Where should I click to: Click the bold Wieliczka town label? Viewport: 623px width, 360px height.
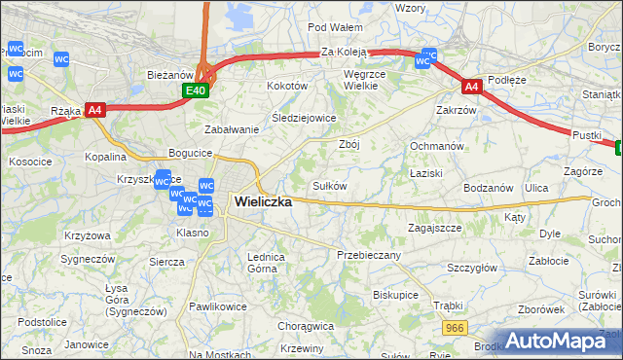click(x=263, y=202)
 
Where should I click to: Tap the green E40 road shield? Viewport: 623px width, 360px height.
click(x=196, y=90)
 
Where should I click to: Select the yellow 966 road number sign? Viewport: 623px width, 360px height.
click(x=452, y=330)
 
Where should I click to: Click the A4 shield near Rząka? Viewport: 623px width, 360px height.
click(x=94, y=110)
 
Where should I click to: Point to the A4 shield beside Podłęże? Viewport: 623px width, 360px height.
click(x=471, y=87)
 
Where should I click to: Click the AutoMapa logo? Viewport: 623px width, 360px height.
click(x=561, y=341)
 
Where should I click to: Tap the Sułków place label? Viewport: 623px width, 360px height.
click(x=329, y=185)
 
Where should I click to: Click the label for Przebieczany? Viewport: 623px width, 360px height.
click(x=368, y=254)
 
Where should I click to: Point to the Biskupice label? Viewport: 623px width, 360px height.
click(x=395, y=294)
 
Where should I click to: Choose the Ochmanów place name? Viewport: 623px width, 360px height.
click(x=434, y=145)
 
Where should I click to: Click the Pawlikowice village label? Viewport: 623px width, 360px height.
click(x=217, y=306)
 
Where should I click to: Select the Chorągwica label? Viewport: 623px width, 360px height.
click(x=306, y=326)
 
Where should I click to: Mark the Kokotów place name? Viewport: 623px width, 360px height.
click(x=287, y=86)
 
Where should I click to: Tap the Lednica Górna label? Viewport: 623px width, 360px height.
click(x=266, y=262)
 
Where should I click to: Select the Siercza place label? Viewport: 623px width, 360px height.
click(x=166, y=262)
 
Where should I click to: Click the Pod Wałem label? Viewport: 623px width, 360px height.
click(x=335, y=27)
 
